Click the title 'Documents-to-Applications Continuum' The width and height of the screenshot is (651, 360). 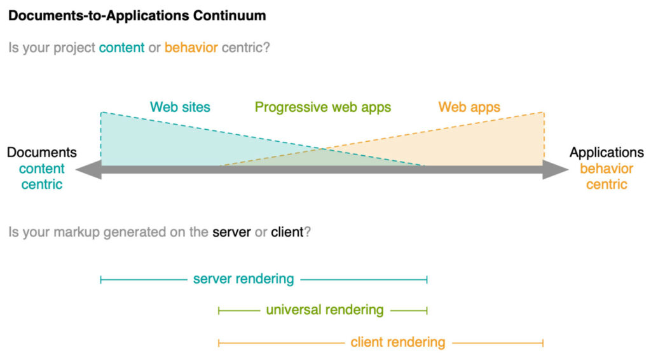[137, 16]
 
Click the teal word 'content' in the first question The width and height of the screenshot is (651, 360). [121, 48]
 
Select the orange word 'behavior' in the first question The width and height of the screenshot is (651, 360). [191, 48]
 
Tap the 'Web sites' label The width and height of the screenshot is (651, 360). [180, 107]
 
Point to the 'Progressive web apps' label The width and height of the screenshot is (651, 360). [323, 107]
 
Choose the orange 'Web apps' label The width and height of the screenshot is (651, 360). [469, 107]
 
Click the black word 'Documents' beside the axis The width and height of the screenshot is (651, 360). [42, 153]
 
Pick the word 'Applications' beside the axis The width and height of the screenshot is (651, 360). [606, 153]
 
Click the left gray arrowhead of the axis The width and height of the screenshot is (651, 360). [88, 169]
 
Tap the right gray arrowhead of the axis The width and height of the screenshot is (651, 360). [556, 169]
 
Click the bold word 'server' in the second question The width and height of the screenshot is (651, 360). [231, 232]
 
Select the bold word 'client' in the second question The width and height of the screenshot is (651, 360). [287, 232]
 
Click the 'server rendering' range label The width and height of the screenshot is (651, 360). [243, 279]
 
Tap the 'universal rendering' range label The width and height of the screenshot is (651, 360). [325, 310]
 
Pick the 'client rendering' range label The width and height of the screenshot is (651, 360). [398, 343]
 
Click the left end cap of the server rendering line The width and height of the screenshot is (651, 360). [101, 280]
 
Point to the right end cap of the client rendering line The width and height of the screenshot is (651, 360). [543, 343]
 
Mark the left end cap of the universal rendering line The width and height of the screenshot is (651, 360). [219, 310]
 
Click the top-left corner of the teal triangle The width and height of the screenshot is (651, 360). [101, 112]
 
